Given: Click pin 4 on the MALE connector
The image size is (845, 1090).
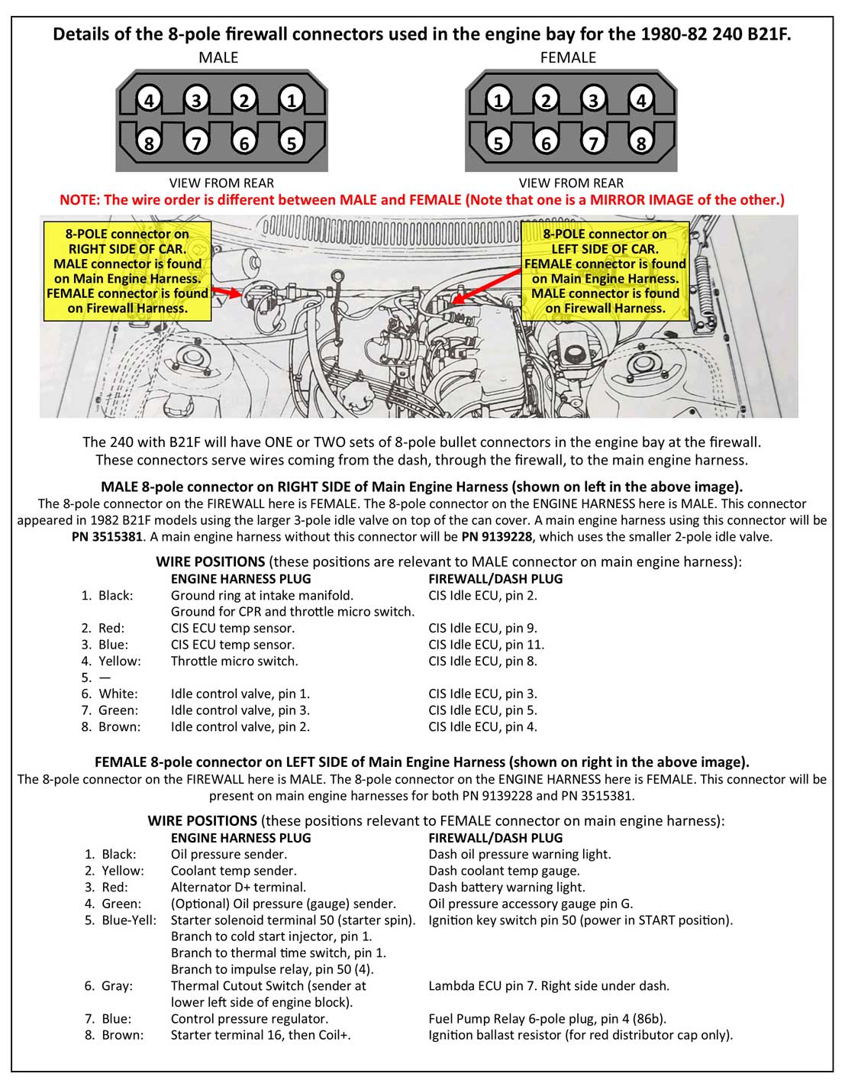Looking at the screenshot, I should point(149,99).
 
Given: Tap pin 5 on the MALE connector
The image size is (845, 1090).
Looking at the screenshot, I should point(290,142).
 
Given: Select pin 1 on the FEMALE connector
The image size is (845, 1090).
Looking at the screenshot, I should point(498,99).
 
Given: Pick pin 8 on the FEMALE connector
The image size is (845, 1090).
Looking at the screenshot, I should point(641,142).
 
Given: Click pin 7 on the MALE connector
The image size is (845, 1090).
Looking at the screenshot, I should point(196,142).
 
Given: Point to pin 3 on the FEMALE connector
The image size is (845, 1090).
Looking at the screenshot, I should point(593,99).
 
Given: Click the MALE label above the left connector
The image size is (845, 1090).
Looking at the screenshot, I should point(218,57).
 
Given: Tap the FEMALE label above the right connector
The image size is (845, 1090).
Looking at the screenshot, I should point(568,57).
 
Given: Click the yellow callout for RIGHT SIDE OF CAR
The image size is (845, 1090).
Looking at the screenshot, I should point(127,271).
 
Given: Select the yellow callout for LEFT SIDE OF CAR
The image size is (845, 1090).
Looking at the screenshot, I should point(605,271).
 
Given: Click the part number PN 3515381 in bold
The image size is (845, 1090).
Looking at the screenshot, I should point(106,536).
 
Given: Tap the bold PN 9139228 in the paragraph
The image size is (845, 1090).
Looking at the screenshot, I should point(497,536).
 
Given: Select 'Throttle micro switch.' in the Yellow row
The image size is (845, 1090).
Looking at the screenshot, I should point(234,661).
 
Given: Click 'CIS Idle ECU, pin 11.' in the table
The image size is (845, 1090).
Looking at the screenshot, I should point(486,645).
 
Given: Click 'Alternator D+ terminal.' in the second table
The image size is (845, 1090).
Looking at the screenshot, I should point(238,887).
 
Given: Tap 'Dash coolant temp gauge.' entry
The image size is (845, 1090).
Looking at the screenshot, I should point(504,871).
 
